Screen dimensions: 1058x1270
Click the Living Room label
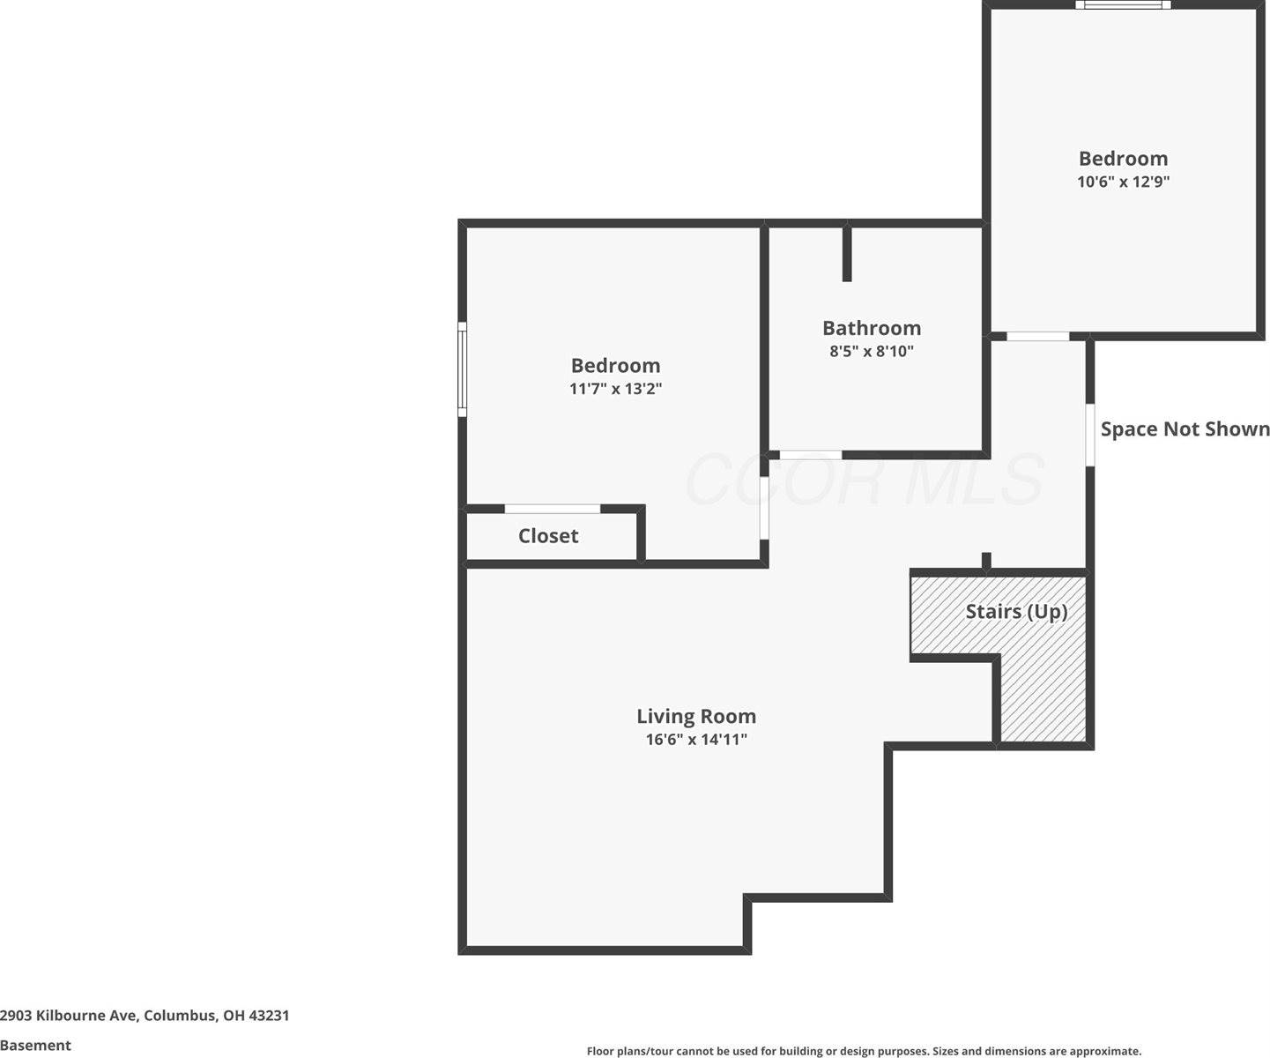click(696, 716)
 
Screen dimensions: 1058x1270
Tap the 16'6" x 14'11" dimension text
click(696, 740)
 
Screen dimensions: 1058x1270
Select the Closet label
click(548, 536)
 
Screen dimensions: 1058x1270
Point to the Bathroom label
click(872, 328)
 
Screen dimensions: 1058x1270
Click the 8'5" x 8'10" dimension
click(872, 351)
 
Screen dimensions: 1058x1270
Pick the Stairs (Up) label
click(1016, 612)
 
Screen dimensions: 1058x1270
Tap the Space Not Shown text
click(1185, 429)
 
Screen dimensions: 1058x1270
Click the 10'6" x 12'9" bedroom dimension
click(1123, 182)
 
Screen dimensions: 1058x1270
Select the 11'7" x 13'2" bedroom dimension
click(615, 389)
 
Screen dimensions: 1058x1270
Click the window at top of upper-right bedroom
click(1123, 5)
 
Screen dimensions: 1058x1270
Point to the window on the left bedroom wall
click(462, 369)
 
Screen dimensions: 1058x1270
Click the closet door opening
click(553, 509)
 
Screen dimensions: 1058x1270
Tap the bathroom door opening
click(811, 455)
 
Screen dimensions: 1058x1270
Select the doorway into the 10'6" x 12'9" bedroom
click(1038, 336)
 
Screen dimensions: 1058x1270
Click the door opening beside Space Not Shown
click(1090, 435)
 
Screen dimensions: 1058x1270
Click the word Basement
click(36, 1046)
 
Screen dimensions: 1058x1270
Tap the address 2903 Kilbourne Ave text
click(145, 1015)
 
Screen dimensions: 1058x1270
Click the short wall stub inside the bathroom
click(847, 254)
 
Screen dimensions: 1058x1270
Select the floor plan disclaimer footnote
click(864, 1051)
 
